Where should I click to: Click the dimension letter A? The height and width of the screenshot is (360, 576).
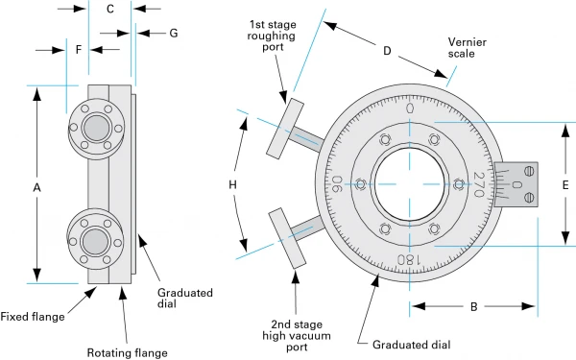click(x=36, y=188)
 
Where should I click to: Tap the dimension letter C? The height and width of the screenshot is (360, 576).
click(x=110, y=10)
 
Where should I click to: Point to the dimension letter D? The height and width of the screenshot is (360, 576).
click(x=387, y=51)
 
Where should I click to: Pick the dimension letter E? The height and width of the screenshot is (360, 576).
click(x=565, y=184)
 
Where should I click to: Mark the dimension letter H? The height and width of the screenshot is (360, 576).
click(x=233, y=183)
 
